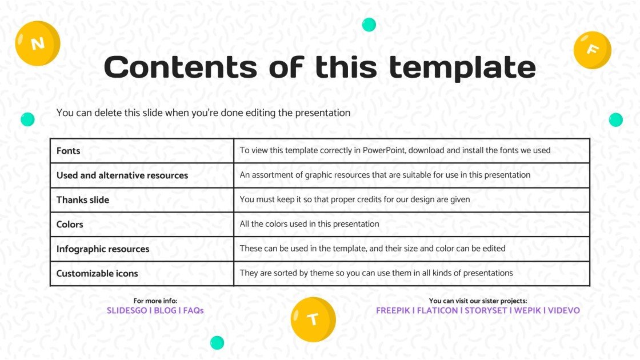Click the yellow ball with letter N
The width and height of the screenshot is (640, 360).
(x=38, y=43)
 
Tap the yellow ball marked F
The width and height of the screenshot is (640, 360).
(x=593, y=50)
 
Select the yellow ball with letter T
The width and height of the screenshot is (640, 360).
(x=313, y=319)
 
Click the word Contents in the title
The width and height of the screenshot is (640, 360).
(x=180, y=67)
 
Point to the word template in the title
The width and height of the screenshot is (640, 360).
(x=462, y=67)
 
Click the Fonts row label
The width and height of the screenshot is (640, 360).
(x=68, y=151)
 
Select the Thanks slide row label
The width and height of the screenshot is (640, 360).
(x=82, y=200)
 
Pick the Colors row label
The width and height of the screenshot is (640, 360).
(x=70, y=225)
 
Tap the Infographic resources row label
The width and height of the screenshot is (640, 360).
(x=102, y=249)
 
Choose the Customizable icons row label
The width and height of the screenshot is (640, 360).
(x=97, y=274)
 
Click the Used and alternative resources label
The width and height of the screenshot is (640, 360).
(x=122, y=175)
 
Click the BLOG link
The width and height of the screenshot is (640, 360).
(x=165, y=311)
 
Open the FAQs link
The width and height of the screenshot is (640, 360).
(x=193, y=311)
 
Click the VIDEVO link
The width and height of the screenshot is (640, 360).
(x=563, y=311)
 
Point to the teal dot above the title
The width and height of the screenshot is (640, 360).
(x=369, y=25)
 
